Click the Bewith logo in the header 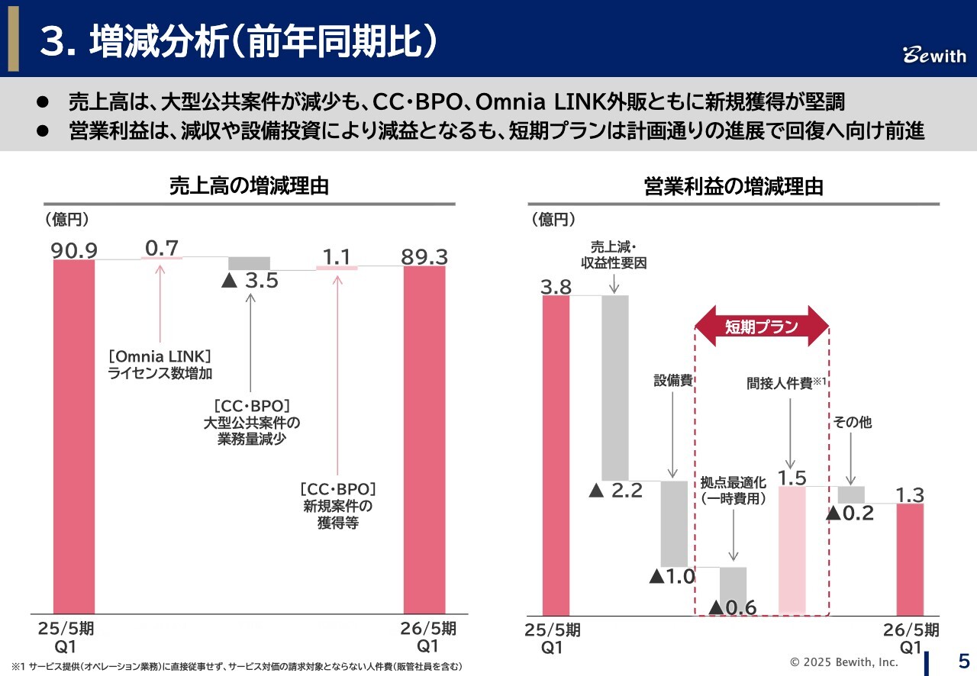tap(934, 56)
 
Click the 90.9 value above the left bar tap(73, 250)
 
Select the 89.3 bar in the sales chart tap(424, 439)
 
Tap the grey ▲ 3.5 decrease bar tap(250, 263)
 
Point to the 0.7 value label tap(161, 247)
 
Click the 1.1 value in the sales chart tap(337, 256)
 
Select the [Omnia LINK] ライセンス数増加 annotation tap(160, 365)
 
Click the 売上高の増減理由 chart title tap(249, 185)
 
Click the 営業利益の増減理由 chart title tap(734, 186)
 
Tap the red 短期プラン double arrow tap(762, 327)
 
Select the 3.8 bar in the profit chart tap(556, 455)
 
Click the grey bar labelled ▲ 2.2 tap(615, 387)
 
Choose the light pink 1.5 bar tap(792, 549)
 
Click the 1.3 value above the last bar tap(910, 494)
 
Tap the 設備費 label tap(672, 380)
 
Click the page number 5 tap(963, 660)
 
